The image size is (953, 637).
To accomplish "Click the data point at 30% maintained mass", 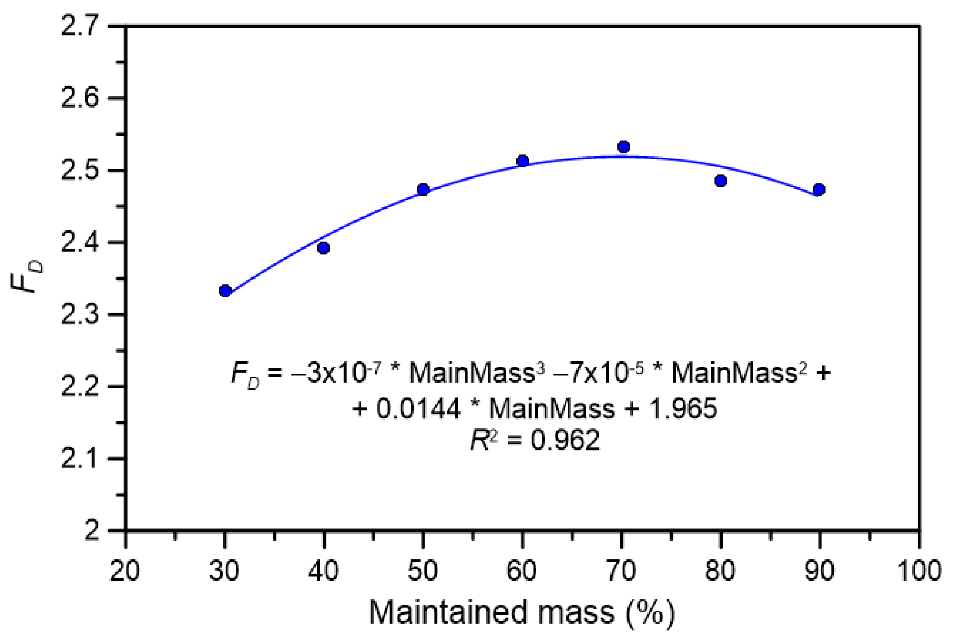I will pyautogui.click(x=225, y=291).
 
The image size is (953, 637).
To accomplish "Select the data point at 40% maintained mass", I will pyautogui.click(x=323, y=248).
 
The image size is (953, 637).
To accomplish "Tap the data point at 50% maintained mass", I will pyautogui.click(x=423, y=190).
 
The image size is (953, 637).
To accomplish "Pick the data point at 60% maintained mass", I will pyautogui.click(x=523, y=161).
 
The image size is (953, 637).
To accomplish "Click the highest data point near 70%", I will pyautogui.click(x=624, y=147).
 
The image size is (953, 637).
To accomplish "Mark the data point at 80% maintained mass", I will pyautogui.click(x=721, y=181).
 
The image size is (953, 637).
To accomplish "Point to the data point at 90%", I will pyautogui.click(x=819, y=190).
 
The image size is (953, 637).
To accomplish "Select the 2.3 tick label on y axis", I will pyautogui.click(x=81, y=315).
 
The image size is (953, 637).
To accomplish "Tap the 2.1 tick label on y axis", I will pyautogui.click(x=81, y=459).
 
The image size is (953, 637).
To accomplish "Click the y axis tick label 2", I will pyautogui.click(x=92, y=530).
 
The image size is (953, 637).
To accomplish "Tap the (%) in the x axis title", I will pyautogui.click(x=650, y=612).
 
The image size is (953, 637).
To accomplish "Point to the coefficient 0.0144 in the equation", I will pyautogui.click(x=418, y=408).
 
